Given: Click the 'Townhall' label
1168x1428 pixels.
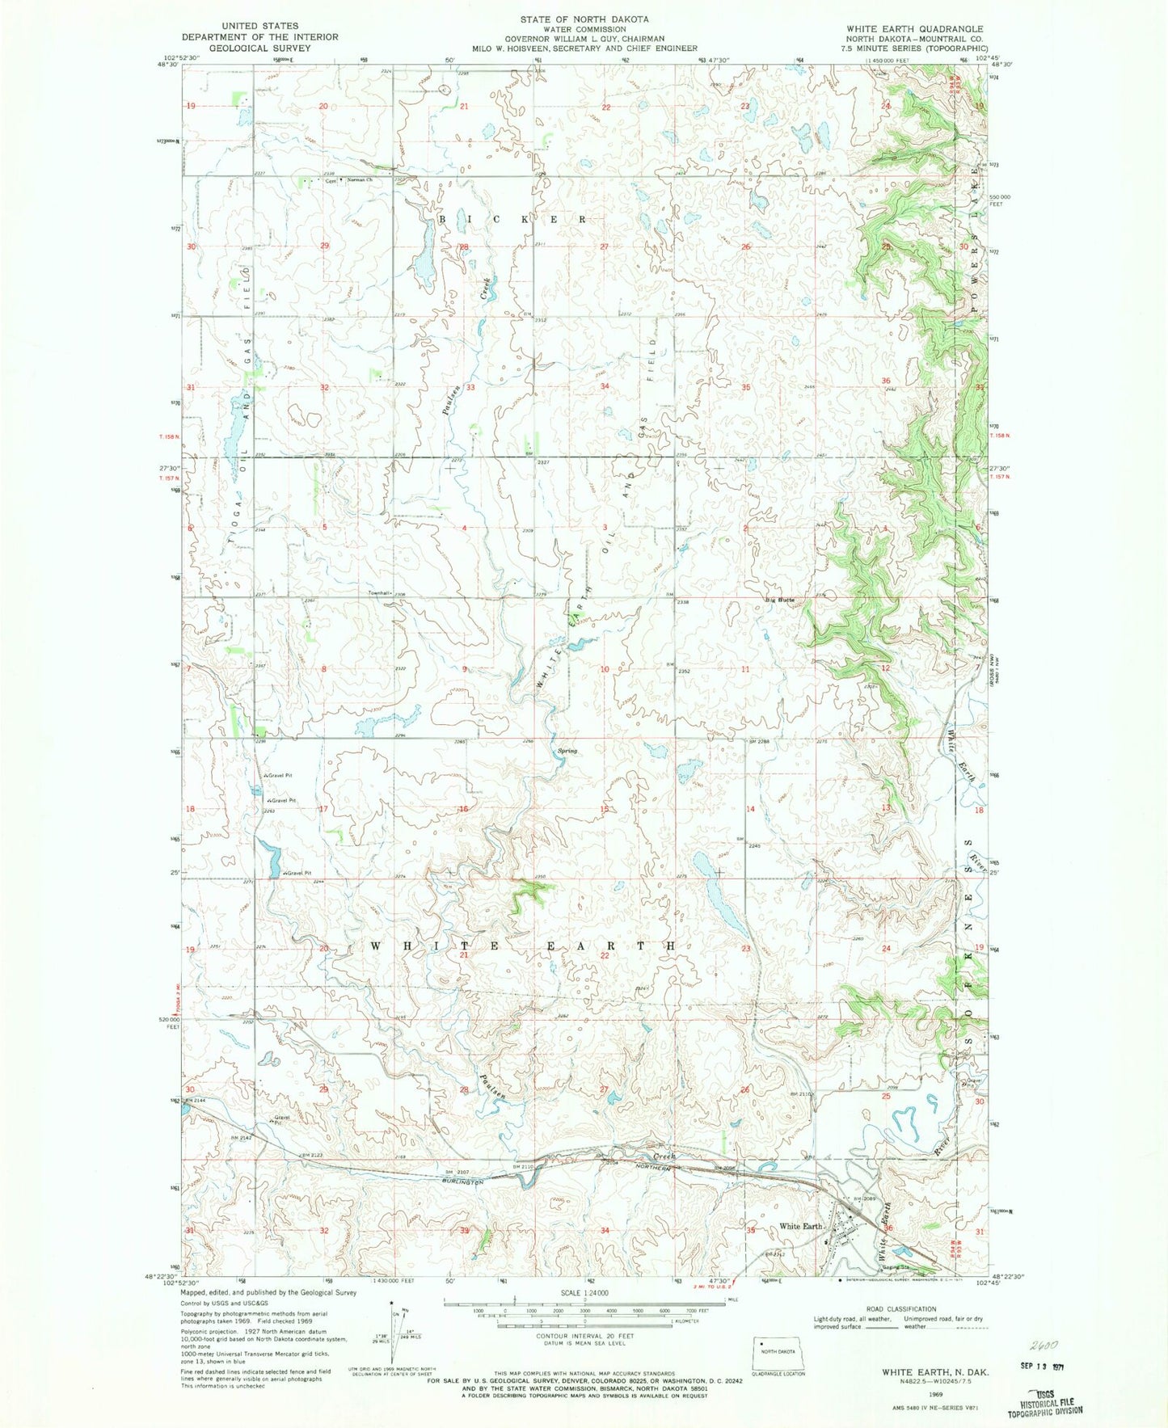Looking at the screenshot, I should (378, 593).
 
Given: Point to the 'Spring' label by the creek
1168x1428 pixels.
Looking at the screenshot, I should (567, 752).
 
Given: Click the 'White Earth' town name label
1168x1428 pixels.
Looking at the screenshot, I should (800, 1226).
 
